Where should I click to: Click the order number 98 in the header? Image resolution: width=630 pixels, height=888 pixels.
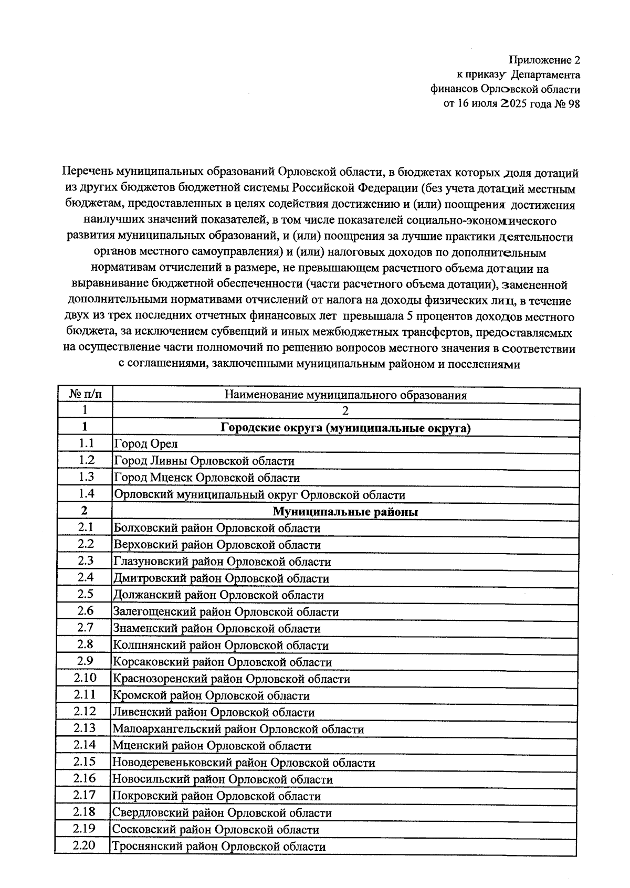coord(574,103)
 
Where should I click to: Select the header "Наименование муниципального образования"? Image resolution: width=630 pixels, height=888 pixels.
coord(345,395)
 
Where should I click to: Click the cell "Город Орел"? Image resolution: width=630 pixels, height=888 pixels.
coord(146,444)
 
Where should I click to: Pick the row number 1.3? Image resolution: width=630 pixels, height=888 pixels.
coord(86,477)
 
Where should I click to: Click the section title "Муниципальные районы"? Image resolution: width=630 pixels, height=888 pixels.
coord(345,512)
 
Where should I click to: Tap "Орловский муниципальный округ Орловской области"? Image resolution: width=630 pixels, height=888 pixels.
coord(259,495)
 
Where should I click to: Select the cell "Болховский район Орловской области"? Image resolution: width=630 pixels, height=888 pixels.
coord(217,528)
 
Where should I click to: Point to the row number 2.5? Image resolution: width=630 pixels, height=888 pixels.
coord(85,594)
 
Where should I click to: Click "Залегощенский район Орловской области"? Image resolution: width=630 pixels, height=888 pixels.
coord(226,612)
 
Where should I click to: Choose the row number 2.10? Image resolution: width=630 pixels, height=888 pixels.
coord(85,678)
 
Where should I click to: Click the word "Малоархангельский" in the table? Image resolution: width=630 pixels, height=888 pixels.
coord(158,730)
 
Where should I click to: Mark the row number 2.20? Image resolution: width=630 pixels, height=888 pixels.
coord(84,845)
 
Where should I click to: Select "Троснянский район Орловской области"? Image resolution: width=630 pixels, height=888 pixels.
coord(219,847)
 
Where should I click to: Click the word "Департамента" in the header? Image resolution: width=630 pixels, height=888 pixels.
coord(545,75)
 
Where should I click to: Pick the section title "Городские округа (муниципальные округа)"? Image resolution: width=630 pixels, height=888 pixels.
coord(345,428)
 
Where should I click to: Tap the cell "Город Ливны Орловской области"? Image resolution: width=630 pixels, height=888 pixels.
coord(204,461)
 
